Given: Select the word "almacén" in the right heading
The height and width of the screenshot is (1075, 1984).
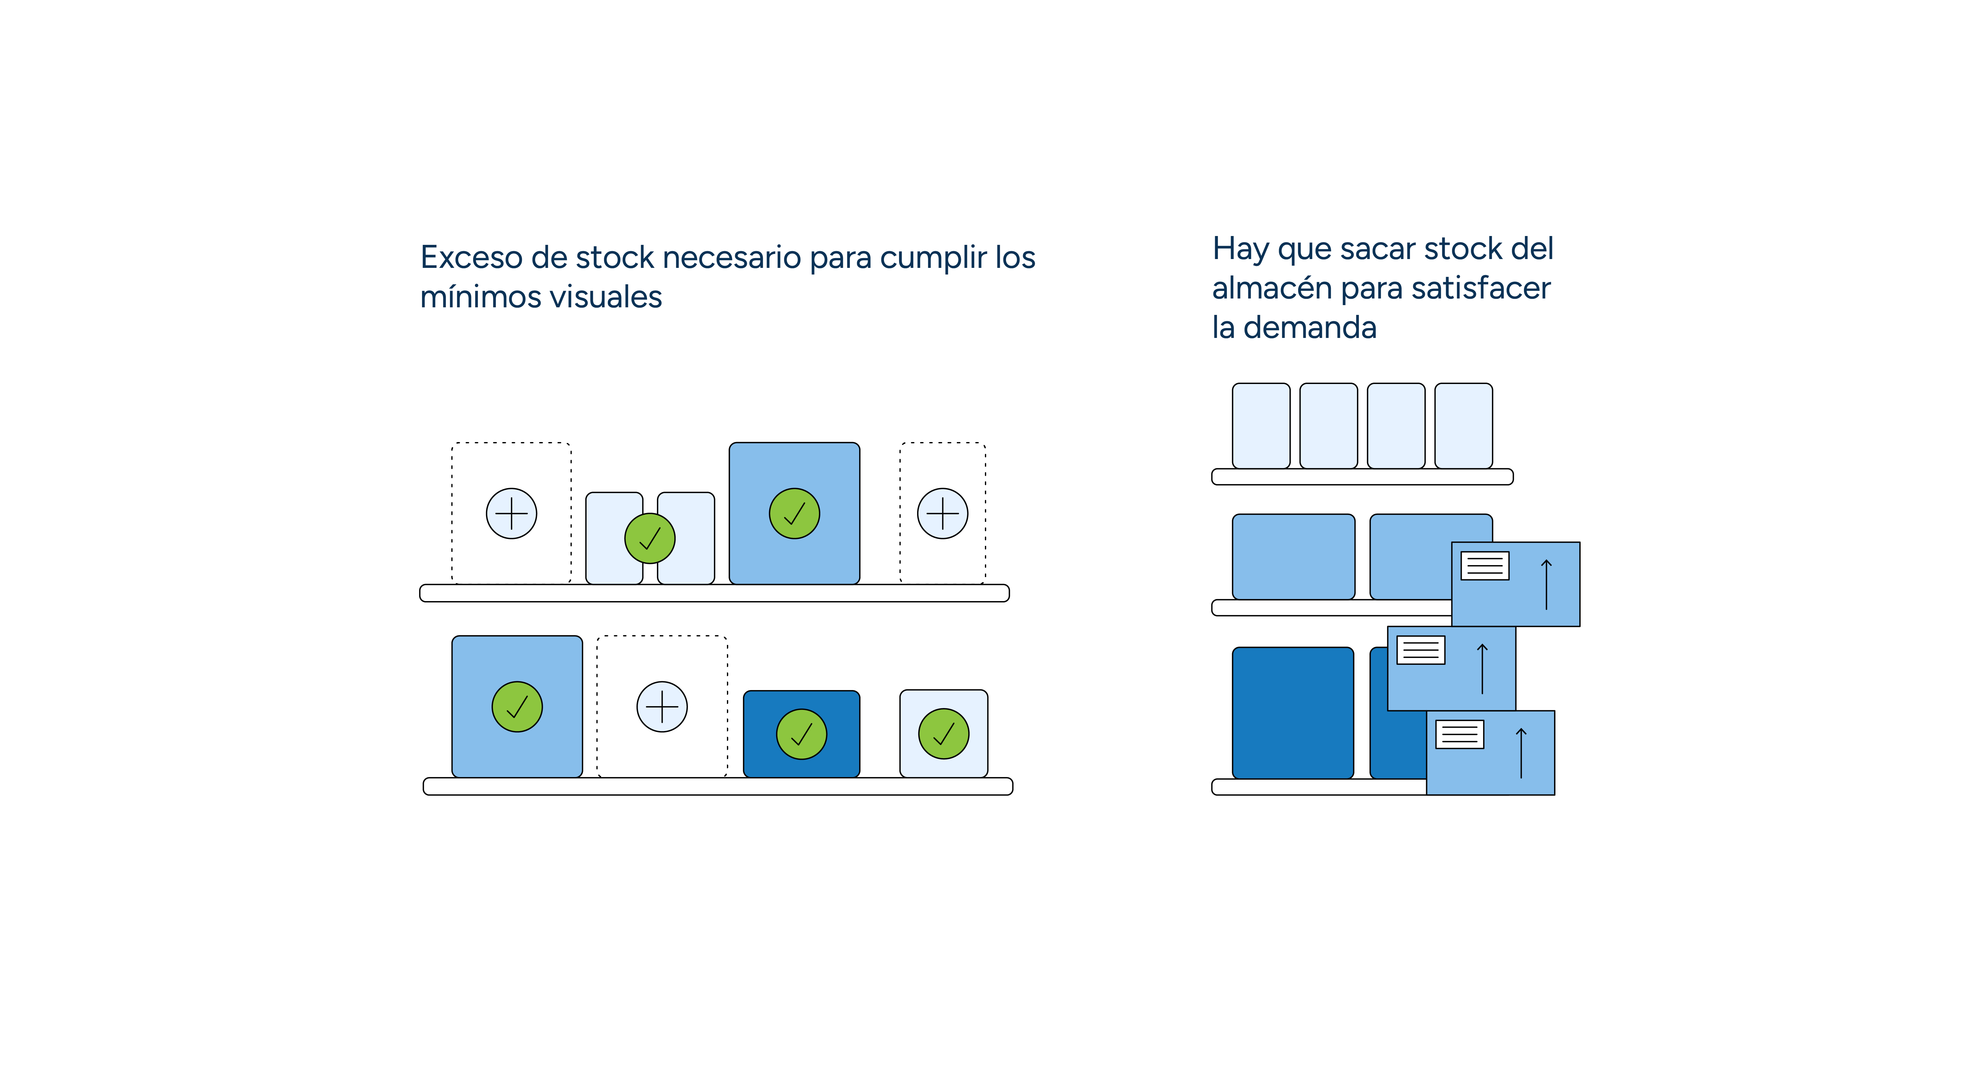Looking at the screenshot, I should coord(1272,288).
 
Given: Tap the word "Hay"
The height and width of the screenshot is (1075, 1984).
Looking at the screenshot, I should coord(1239,249).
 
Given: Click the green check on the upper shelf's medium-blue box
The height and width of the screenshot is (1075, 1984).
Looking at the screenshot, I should coord(794,513).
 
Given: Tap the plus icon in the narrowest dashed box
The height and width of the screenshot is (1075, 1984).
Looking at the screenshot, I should coord(942,513).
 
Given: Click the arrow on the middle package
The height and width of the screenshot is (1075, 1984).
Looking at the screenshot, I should coord(1482,668).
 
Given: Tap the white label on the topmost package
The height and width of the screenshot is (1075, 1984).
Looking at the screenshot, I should coord(1484,566).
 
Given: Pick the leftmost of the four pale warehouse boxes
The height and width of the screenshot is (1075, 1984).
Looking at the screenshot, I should coord(1261,425).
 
